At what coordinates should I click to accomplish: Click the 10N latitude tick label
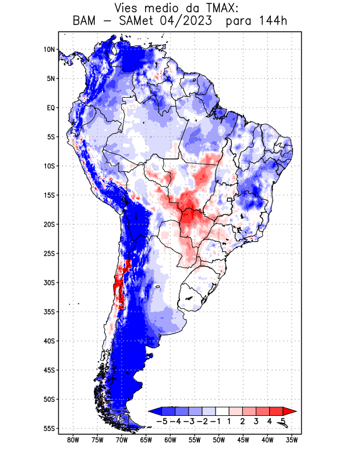point(49,50)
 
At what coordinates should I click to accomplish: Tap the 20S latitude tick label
point(49,224)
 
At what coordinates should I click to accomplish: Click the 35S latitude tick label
point(49,312)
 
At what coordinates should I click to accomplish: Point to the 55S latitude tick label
point(49,428)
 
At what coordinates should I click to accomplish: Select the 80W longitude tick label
point(73,440)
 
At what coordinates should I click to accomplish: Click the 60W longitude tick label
point(171,440)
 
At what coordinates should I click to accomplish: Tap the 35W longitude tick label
point(292,440)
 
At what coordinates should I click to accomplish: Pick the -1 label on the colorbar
point(216,421)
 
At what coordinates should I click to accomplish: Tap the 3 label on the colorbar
point(256,421)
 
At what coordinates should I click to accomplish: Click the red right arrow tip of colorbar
point(286,411)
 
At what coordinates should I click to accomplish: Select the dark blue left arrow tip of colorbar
point(153,411)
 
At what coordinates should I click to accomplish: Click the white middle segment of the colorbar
point(223,411)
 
